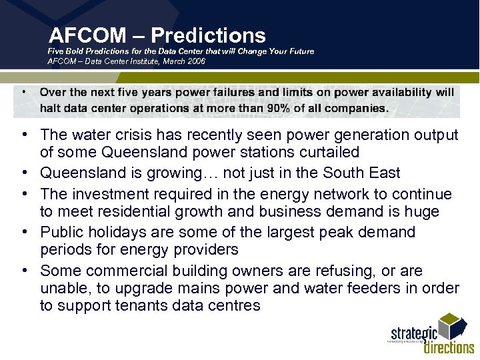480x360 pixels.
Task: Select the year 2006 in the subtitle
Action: [x=195, y=61]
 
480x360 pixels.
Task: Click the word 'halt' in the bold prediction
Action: [x=51, y=108]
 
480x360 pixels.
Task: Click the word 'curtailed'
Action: [x=327, y=153]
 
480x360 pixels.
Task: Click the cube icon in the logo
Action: [x=455, y=327]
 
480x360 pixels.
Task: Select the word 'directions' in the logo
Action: [x=449, y=347]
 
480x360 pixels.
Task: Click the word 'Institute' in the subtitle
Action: [x=147, y=61]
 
